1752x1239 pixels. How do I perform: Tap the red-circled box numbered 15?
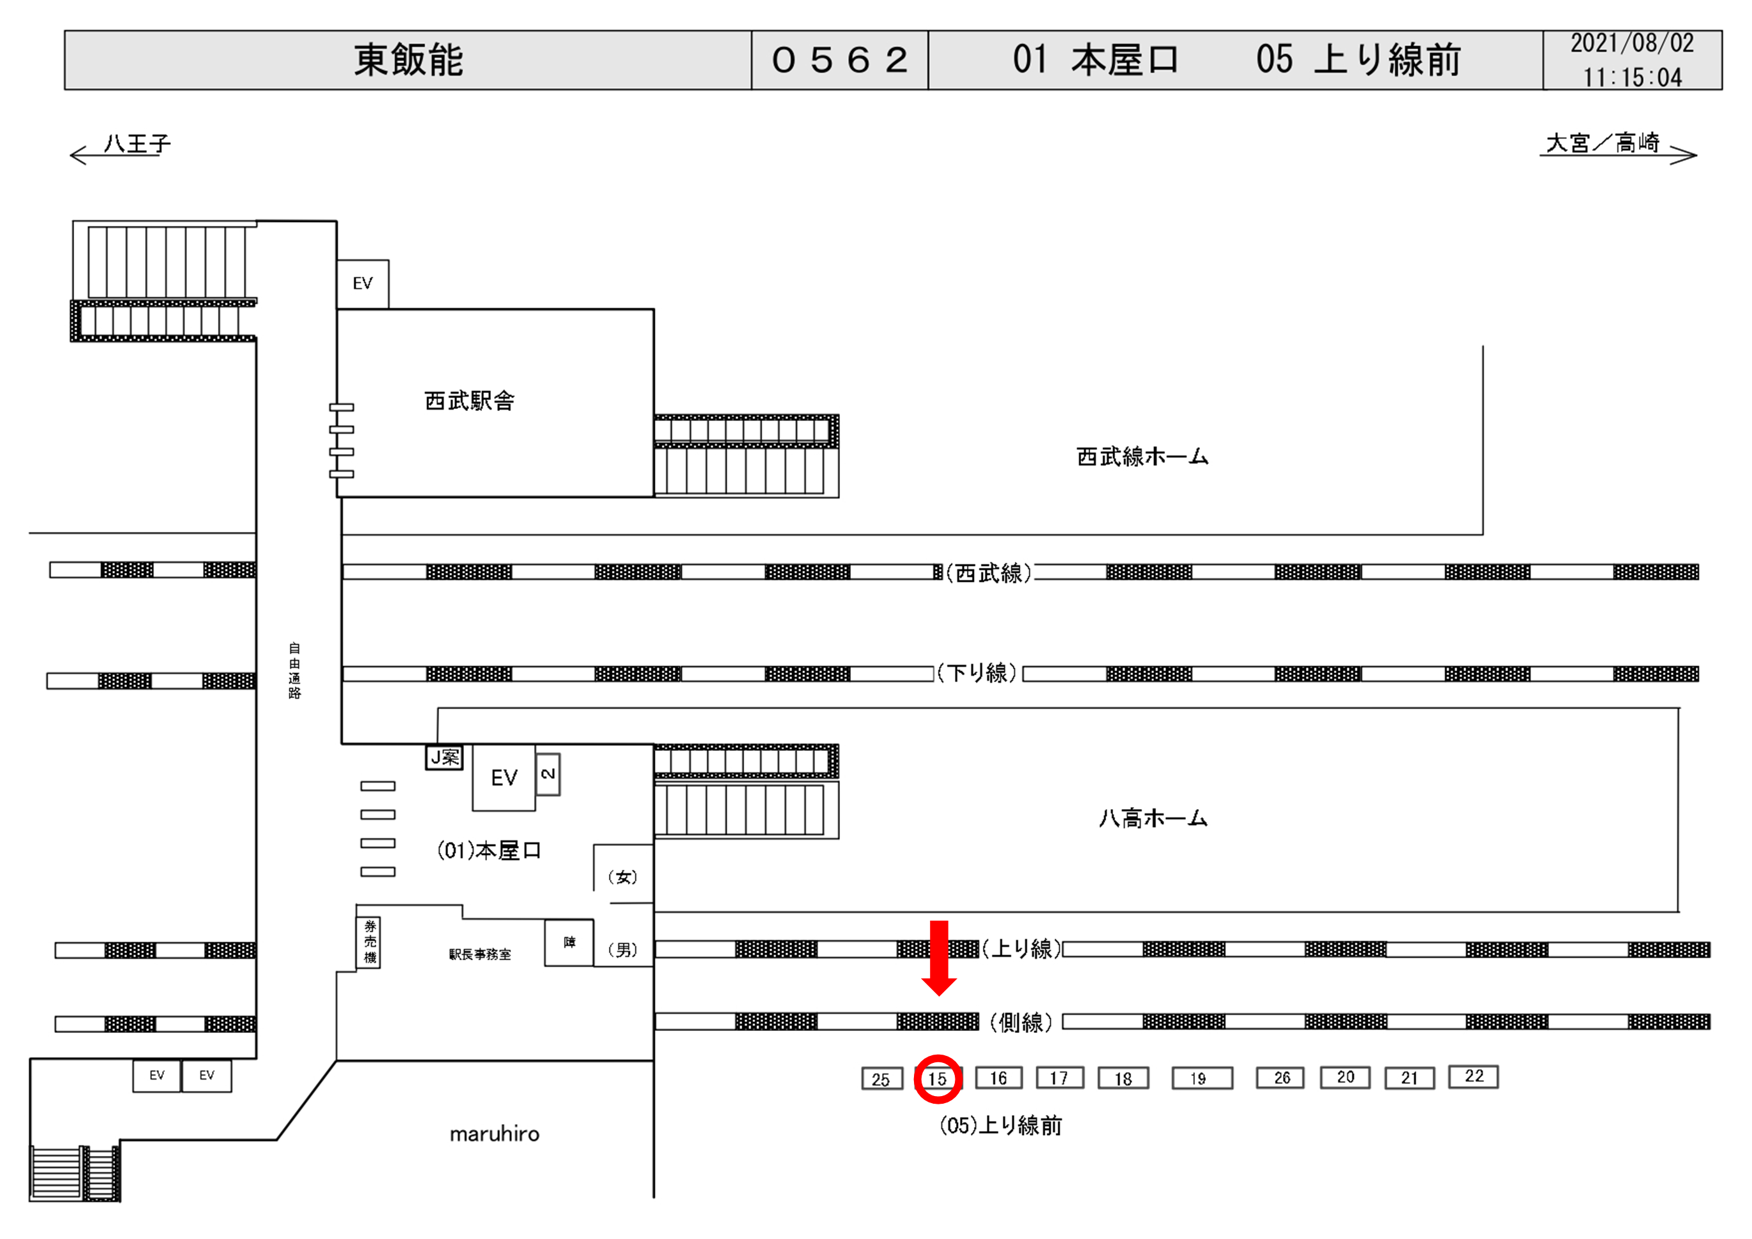pos(938,1079)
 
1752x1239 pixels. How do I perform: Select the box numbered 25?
pos(881,1079)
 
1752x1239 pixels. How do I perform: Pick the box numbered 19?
pos(1202,1079)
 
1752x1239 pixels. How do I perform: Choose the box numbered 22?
pos(1474,1076)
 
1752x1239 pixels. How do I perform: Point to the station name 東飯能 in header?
pos(408,60)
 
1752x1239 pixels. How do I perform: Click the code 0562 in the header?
pos(839,60)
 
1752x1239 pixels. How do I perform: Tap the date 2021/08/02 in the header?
pos(1631,43)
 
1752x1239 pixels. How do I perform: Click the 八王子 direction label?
pos(137,144)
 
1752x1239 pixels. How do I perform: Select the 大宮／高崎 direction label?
pos(1603,144)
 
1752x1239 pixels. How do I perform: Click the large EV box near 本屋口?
pos(504,778)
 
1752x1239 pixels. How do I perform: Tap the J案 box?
pos(444,757)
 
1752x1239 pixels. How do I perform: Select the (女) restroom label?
pos(623,877)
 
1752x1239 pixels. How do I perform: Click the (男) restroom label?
pos(623,950)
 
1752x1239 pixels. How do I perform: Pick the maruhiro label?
pos(495,1134)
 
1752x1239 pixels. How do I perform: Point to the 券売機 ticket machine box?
pos(370,942)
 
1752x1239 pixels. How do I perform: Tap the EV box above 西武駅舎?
pos(363,284)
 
